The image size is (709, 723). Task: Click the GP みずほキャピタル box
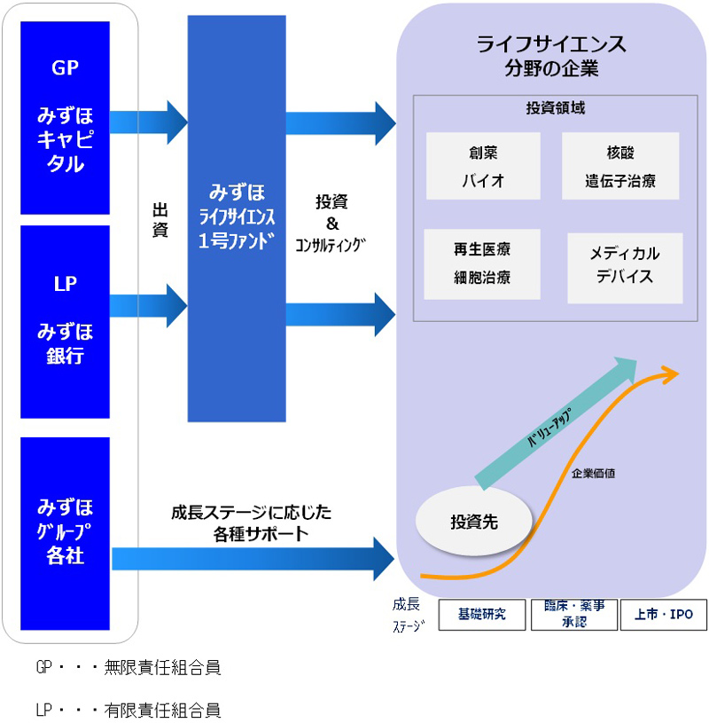65,118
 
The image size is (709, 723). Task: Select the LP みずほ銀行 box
65,321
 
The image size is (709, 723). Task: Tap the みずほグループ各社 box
65,533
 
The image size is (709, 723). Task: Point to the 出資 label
160,219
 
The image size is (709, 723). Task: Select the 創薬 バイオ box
482,167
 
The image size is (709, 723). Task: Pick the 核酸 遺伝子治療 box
619,167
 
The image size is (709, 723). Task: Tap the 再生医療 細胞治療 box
482,263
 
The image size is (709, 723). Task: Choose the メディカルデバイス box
624,266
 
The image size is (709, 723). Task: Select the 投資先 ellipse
474,522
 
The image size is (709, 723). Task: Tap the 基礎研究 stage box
481,614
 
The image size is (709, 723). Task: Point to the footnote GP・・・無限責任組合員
128,668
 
